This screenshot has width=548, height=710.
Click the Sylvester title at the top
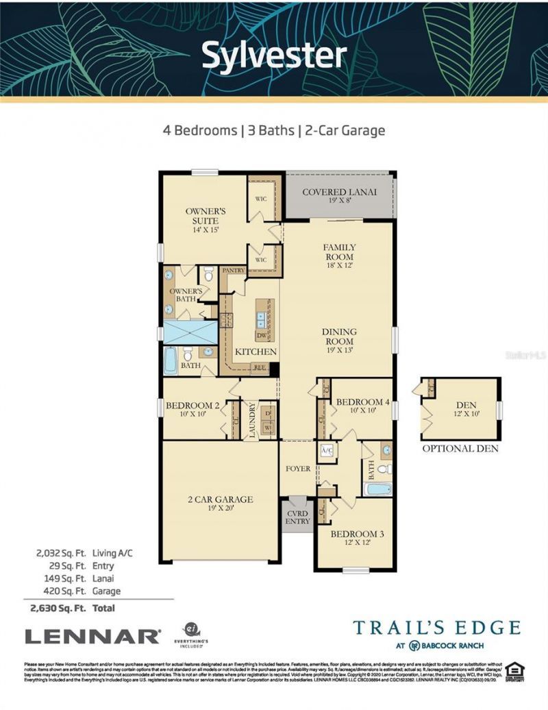(x=273, y=56)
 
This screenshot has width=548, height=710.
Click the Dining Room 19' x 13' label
(x=339, y=341)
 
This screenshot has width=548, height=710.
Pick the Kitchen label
(x=256, y=352)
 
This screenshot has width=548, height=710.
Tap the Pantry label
(x=234, y=271)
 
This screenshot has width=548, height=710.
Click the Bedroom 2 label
(x=192, y=409)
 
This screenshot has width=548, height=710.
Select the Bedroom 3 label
(x=354, y=538)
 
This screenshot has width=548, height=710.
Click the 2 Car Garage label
(x=221, y=504)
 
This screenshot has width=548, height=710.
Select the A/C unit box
(x=326, y=452)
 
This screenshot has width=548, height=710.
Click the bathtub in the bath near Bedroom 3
(x=377, y=489)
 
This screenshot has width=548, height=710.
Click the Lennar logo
(x=92, y=636)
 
